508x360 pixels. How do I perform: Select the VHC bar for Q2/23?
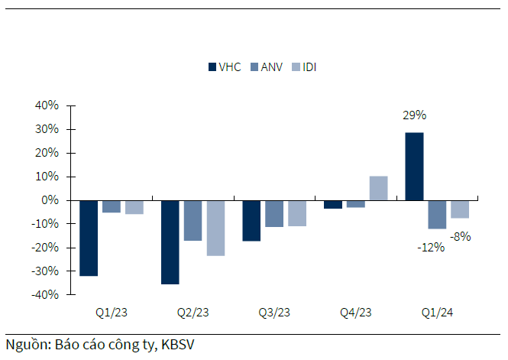click(x=170, y=242)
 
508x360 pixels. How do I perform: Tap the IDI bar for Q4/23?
click(x=378, y=189)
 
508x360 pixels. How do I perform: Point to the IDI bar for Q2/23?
click(x=215, y=228)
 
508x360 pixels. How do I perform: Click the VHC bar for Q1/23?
click(x=89, y=238)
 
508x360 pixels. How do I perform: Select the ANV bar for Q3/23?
click(x=274, y=213)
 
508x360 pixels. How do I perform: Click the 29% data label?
click(x=414, y=115)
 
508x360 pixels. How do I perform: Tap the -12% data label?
click(x=431, y=247)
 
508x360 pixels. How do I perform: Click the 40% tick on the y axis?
click(x=47, y=105)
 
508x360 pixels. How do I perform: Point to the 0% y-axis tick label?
click(x=50, y=200)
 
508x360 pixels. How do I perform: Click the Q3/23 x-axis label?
click(x=274, y=313)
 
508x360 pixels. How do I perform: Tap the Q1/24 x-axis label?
click(x=437, y=313)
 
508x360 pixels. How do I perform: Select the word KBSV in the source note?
click(x=178, y=345)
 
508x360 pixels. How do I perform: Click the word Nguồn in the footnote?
click(x=27, y=345)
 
